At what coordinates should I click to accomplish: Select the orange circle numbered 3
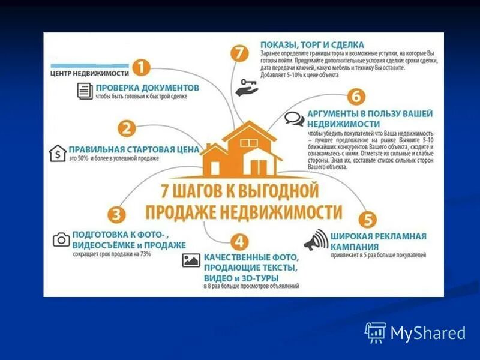(x=117, y=214)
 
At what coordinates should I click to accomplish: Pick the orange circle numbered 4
(x=239, y=242)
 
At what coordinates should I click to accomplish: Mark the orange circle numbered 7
(x=239, y=52)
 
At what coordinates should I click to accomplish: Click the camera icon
(x=61, y=240)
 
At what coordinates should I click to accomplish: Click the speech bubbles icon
(x=294, y=119)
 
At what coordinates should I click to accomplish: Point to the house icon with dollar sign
(x=57, y=154)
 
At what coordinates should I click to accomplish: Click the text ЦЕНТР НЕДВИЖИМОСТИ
(x=90, y=73)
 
